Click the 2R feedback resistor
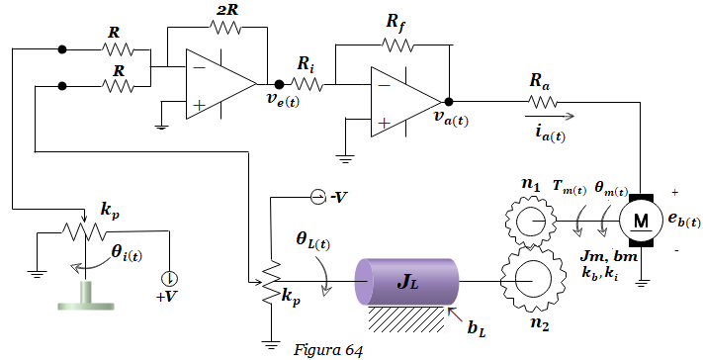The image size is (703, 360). pos(225,28)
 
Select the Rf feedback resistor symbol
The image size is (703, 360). pos(397,45)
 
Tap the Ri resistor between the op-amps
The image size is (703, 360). pos(308,84)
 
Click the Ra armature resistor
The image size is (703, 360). pos(542,102)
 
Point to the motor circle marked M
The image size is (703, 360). pos(640,221)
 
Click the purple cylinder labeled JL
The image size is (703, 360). pos(406,282)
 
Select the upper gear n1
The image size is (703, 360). pos(530,221)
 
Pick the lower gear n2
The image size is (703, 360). pos(530,281)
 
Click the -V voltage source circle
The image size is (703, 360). pos(317,197)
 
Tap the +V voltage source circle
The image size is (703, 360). pos(170,279)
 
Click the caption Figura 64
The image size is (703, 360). pos(327,350)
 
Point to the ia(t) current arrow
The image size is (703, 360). pos(550,116)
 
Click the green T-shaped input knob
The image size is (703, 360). pos(86,296)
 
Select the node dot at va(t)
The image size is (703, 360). pos(448,102)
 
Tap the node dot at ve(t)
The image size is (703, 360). pos(279,84)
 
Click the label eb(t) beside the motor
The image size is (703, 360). pos(684,221)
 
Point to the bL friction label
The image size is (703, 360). pos(477,329)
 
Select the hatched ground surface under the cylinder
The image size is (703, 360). pos(406,319)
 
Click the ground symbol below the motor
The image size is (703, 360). pos(642,283)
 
